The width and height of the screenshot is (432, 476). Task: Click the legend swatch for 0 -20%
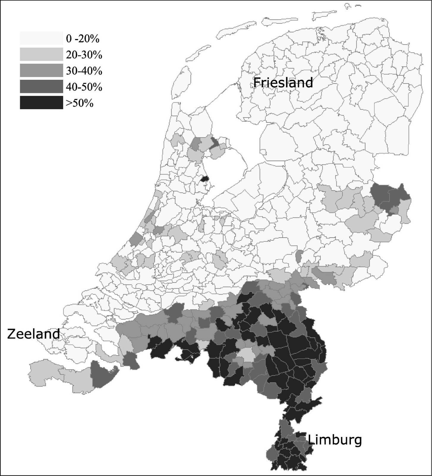[41, 38]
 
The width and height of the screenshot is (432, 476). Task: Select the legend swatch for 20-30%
[41, 54]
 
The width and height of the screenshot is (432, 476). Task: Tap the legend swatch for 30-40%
[41, 71]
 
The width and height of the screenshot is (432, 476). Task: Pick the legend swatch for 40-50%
[41, 87]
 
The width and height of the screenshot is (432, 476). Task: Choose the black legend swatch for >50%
[41, 103]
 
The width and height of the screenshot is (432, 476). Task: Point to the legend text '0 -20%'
[83, 39]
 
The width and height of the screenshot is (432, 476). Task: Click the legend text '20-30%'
[84, 55]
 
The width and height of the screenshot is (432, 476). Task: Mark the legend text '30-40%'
[84, 71]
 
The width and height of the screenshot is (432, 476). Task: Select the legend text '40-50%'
[84, 87]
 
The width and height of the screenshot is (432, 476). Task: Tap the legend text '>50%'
[80, 103]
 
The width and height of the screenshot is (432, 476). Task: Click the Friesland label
[283, 82]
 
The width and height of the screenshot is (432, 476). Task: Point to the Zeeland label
[33, 334]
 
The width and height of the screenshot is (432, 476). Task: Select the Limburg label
[335, 439]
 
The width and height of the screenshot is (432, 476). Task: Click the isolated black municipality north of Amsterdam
[205, 178]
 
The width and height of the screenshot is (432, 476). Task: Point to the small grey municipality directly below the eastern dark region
[394, 210]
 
